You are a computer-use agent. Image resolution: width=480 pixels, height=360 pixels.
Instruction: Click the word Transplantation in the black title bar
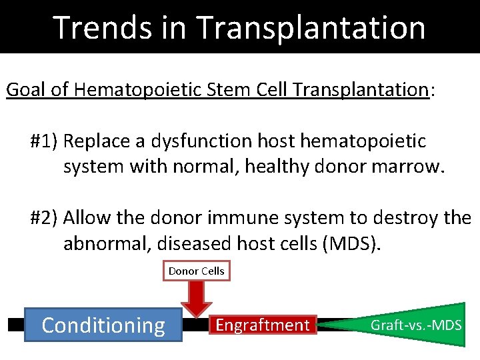(311, 27)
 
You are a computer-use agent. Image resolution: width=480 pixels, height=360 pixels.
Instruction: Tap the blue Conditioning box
(103, 325)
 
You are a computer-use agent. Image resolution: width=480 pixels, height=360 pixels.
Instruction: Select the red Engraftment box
(263, 325)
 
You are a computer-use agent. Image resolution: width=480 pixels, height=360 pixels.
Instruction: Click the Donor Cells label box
(197, 271)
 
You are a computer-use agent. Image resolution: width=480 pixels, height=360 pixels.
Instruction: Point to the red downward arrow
(197, 298)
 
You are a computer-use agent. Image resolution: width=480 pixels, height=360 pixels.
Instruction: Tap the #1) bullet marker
(45, 141)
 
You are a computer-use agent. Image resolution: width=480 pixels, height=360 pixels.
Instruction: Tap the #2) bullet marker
(45, 217)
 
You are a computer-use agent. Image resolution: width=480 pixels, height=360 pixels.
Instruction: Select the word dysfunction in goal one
(201, 141)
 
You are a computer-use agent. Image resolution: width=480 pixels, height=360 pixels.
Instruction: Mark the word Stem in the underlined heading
(219, 90)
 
